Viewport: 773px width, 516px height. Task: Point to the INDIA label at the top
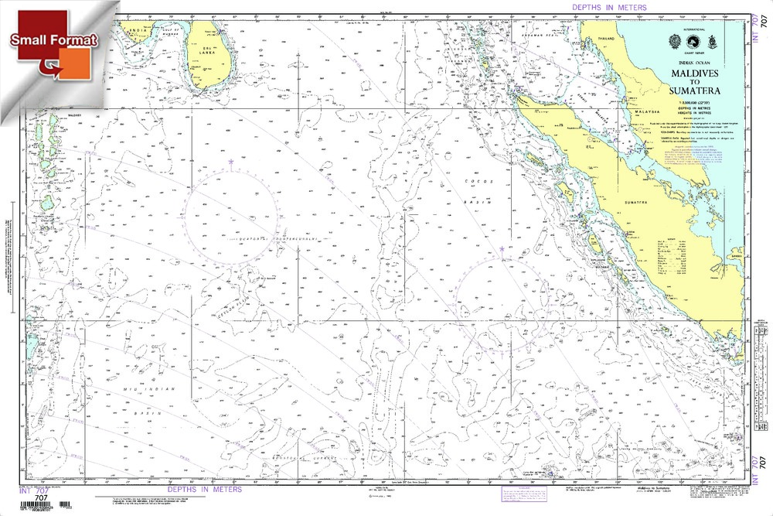138,31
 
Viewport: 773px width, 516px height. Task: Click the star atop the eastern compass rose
502,248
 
